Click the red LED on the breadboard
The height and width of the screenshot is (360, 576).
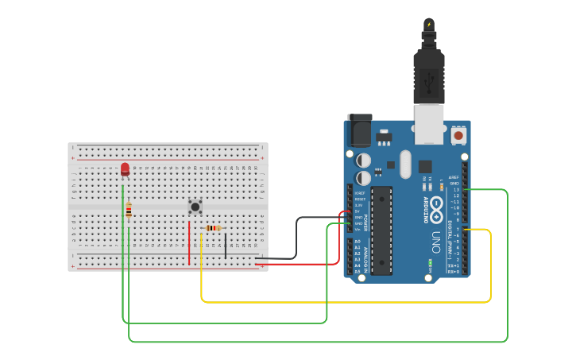tap(125, 169)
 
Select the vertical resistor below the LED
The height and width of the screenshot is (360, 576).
tap(129, 210)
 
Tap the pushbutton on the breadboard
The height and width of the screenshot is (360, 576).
tap(195, 207)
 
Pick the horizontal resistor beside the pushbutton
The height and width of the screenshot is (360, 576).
tap(213, 228)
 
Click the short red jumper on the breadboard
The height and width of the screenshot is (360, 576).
tap(189, 242)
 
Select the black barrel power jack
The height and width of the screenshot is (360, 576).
tap(359, 129)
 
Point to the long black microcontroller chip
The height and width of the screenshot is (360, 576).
tap(381, 230)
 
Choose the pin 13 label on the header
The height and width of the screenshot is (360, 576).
tap(456, 190)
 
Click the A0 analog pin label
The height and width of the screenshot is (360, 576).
tap(357, 242)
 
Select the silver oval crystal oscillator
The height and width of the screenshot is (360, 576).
tap(405, 165)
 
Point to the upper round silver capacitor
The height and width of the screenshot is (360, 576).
tap(363, 161)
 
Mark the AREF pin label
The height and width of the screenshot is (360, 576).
tap(454, 177)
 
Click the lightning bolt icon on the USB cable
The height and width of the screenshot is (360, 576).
tap(429, 24)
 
